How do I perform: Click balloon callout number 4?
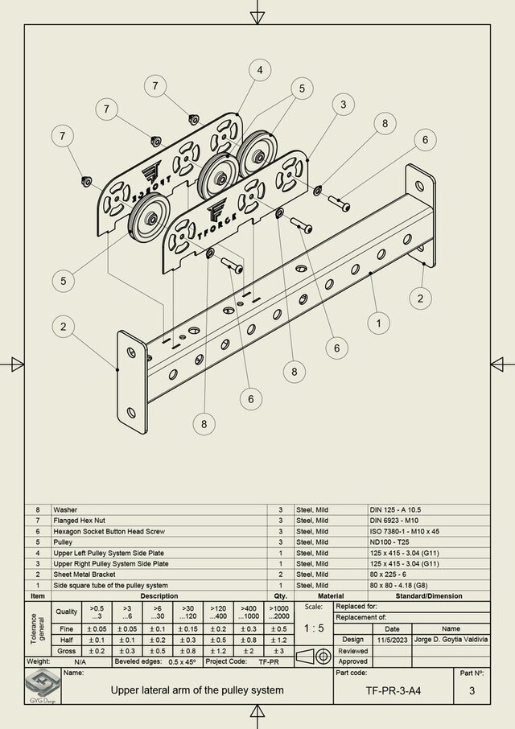click(x=260, y=70)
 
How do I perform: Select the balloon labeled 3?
click(x=343, y=105)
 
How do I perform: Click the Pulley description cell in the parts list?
click(x=64, y=542)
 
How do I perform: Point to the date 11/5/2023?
click(x=392, y=639)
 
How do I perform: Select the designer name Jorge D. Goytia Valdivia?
click(x=451, y=639)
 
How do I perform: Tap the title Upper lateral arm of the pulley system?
click(x=196, y=690)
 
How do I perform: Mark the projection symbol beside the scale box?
click(x=312, y=655)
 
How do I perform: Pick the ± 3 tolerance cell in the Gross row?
click(x=278, y=649)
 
